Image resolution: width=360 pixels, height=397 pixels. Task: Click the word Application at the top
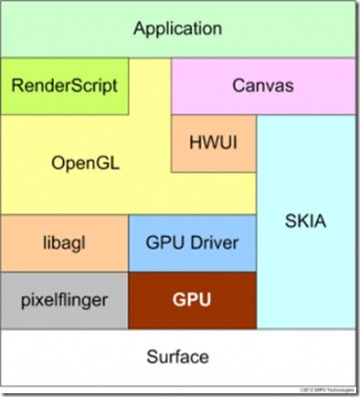click(x=177, y=28)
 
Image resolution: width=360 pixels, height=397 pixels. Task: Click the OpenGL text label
click(x=87, y=166)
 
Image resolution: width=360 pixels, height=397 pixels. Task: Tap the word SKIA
click(x=306, y=221)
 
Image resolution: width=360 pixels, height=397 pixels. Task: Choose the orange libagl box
click(x=64, y=244)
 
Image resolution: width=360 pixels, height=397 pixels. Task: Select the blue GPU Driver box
click(x=192, y=244)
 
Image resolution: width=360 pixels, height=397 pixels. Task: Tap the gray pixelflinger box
click(x=64, y=299)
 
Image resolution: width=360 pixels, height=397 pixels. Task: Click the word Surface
click(x=179, y=357)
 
